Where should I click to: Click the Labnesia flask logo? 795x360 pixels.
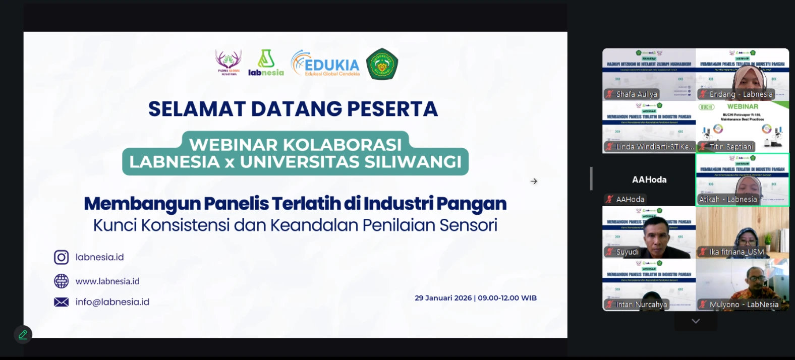point(266,63)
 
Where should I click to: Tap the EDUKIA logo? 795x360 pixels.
point(326,64)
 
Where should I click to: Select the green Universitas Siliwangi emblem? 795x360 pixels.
point(382,64)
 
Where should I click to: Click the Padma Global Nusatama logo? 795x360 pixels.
point(229,63)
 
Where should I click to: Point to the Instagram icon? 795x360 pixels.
point(62,257)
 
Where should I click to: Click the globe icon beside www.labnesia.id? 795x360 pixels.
point(62,281)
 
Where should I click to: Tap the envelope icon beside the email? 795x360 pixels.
point(62,302)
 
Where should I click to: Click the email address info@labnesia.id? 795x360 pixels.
point(112,302)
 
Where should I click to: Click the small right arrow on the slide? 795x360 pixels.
point(534,181)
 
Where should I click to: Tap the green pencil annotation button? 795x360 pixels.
point(23,334)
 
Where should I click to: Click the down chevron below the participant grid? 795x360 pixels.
point(696,321)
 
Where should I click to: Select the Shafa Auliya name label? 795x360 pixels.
point(636,94)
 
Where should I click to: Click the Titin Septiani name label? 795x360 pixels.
point(731,147)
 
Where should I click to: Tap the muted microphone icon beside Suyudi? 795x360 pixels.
point(610,252)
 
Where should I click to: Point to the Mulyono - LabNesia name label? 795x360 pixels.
point(744,305)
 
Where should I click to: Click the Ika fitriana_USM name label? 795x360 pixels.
point(736,252)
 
